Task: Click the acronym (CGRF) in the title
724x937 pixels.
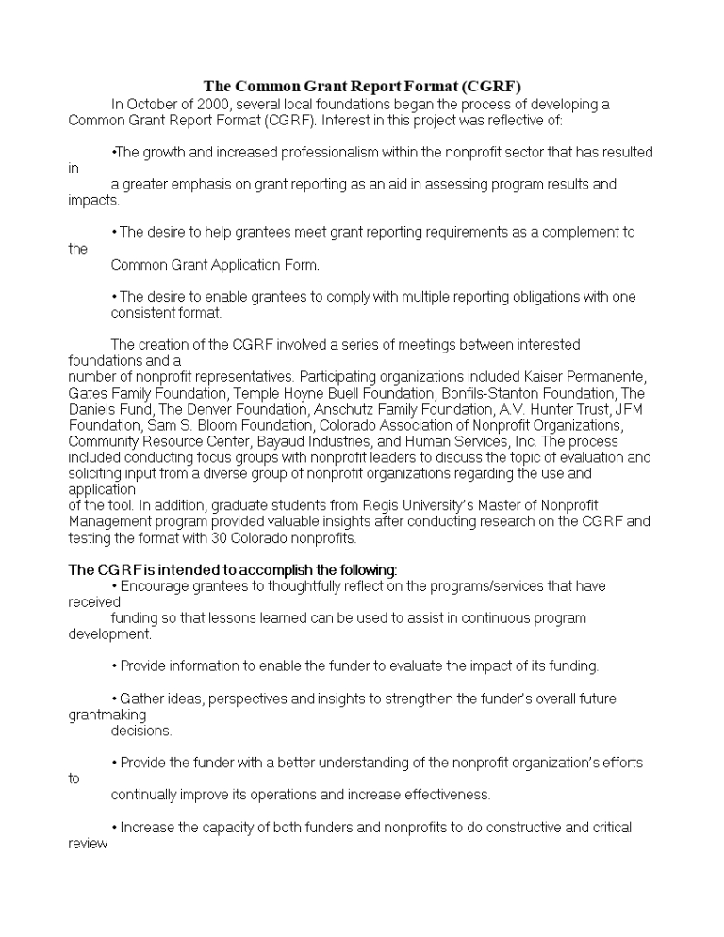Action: pyautogui.click(x=489, y=87)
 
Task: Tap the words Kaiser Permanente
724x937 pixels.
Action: pyautogui.click(x=588, y=377)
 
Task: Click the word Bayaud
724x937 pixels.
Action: pyautogui.click(x=289, y=441)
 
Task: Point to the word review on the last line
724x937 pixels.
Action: pyautogui.click(x=89, y=844)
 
